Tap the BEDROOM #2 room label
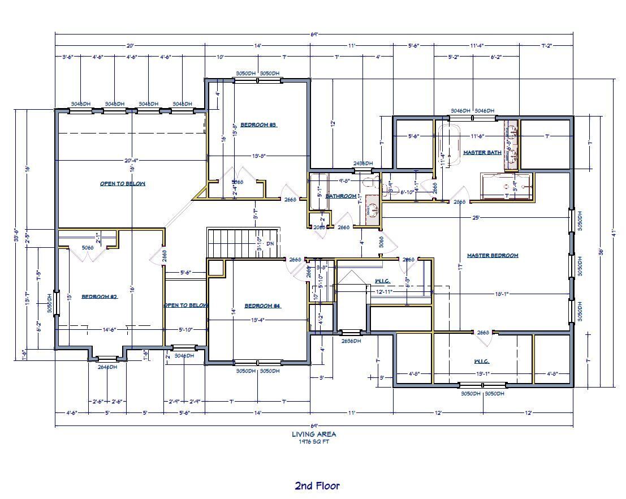pyautogui.click(x=99, y=296)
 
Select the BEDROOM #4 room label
pyautogui.click(x=262, y=306)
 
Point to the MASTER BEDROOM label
pyautogui.click(x=492, y=255)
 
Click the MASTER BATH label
pyautogui.click(x=482, y=153)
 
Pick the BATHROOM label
pyautogui.click(x=341, y=196)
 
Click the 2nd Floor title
pyautogui.click(x=317, y=485)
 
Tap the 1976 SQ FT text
pyautogui.click(x=314, y=442)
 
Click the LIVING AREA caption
pyautogui.click(x=314, y=434)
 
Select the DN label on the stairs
pyautogui.click(x=270, y=244)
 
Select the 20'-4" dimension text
pyautogui.click(x=132, y=160)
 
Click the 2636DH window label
pyautogui.click(x=352, y=341)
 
